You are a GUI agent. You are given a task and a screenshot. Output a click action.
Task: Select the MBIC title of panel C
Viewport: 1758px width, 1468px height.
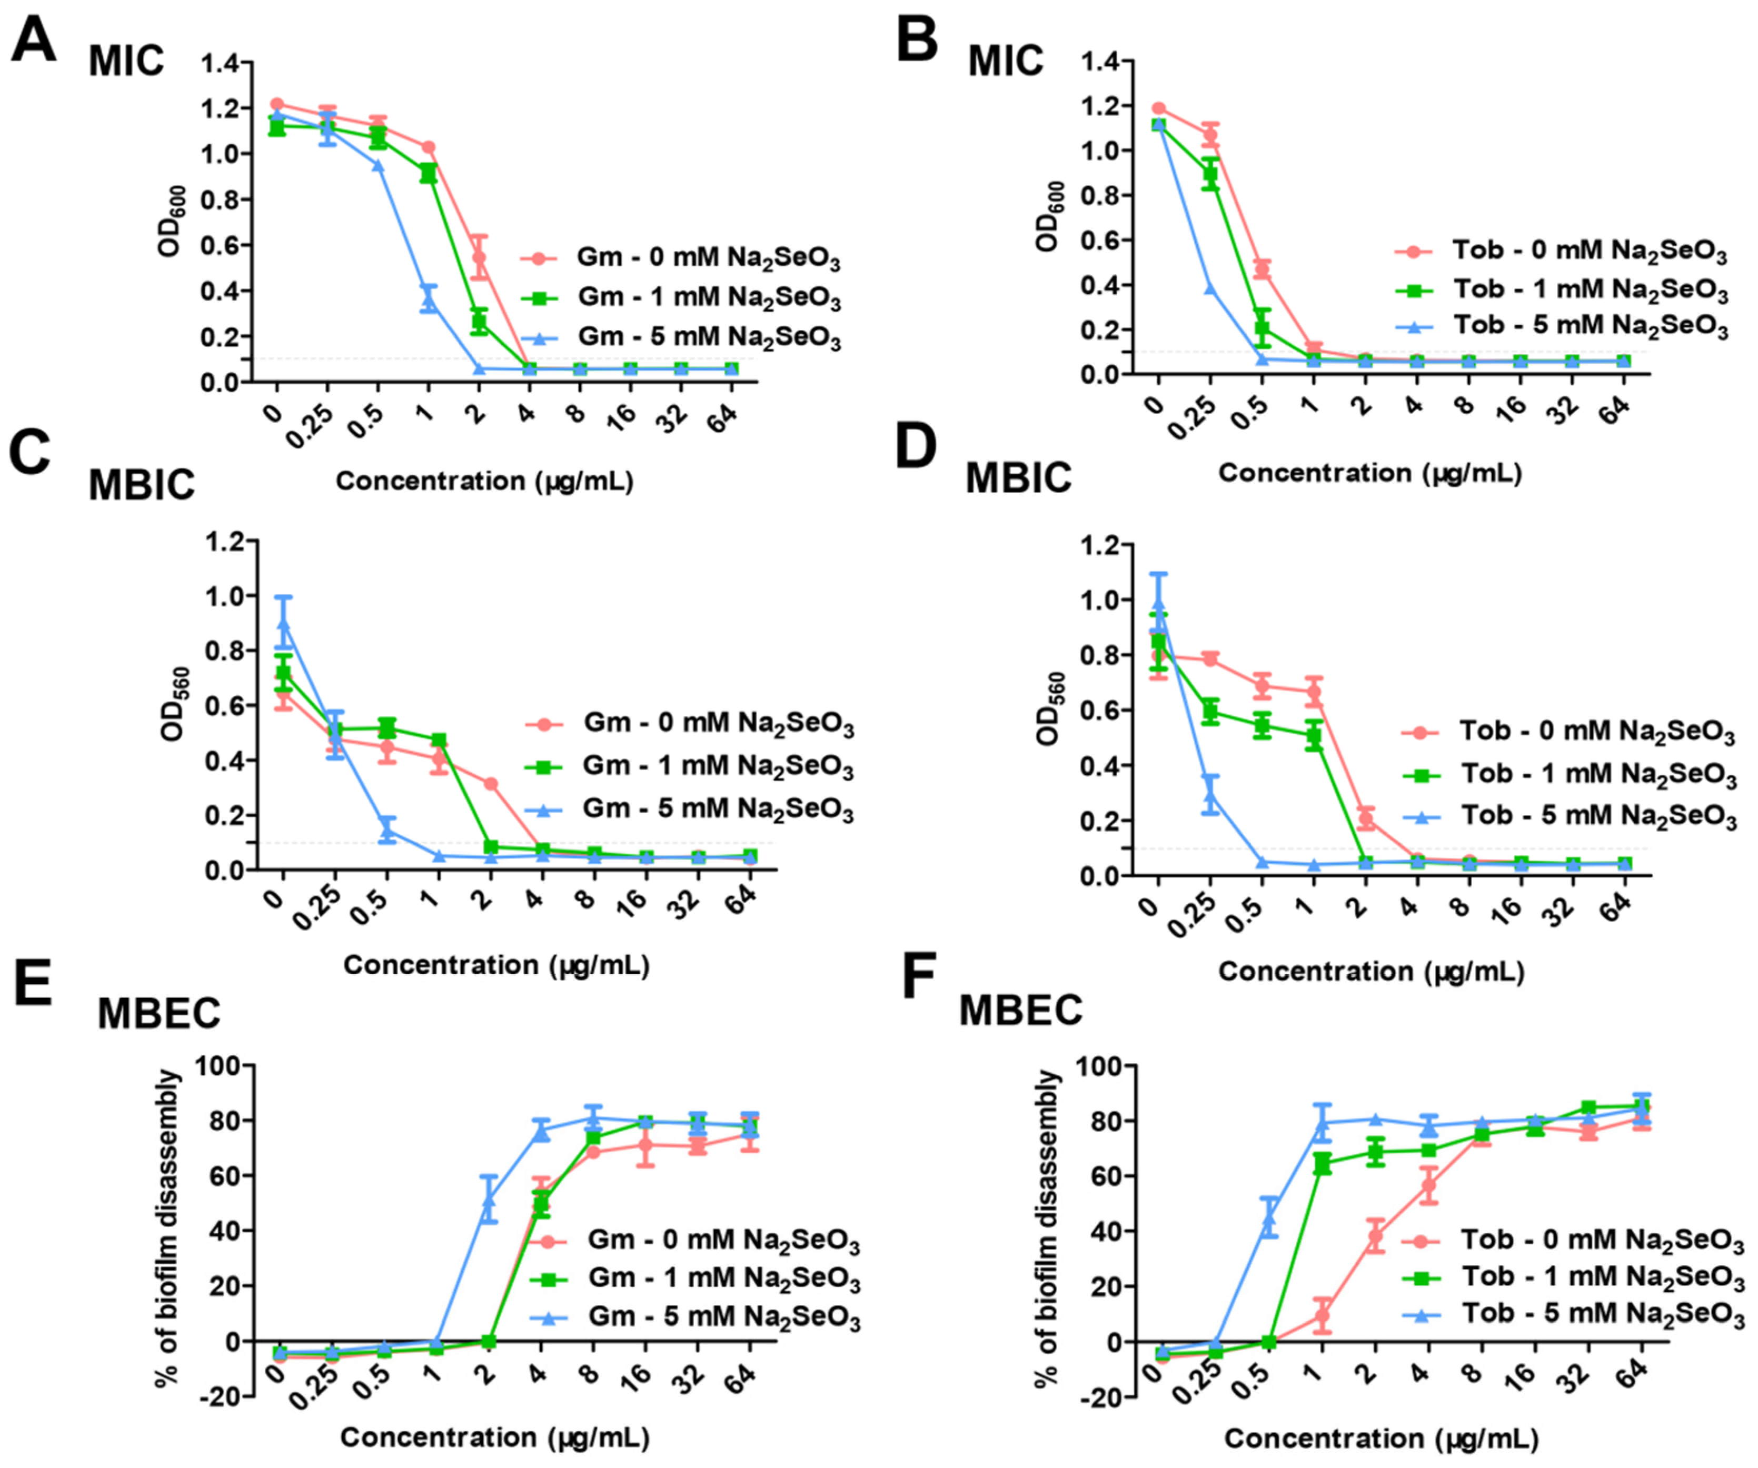tap(142, 485)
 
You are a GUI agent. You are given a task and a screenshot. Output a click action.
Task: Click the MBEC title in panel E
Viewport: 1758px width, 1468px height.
tap(159, 1014)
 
